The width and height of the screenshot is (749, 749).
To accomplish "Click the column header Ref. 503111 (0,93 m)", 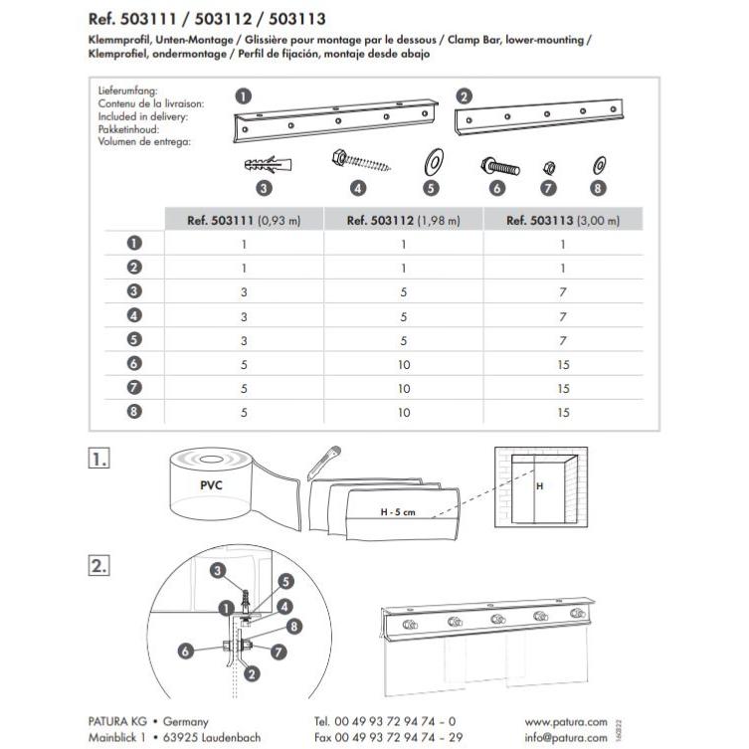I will pyautogui.click(x=244, y=221).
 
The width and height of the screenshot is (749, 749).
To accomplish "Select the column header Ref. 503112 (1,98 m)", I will pyautogui.click(x=403, y=221).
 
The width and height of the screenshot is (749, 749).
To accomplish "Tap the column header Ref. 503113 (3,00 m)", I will pyautogui.click(x=562, y=221).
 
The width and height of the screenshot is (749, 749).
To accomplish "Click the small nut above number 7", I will pyautogui.click(x=548, y=166).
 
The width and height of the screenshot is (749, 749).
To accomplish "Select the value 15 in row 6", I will pyautogui.click(x=563, y=364).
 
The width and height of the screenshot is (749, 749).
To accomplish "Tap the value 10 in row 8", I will pyautogui.click(x=403, y=412).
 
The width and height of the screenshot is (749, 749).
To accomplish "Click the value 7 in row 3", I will pyautogui.click(x=563, y=292).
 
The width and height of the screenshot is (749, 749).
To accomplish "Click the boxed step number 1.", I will pyautogui.click(x=98, y=460).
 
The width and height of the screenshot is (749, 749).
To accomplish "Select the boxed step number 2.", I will pyautogui.click(x=98, y=565).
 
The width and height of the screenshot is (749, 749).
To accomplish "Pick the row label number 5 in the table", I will pyautogui.click(x=135, y=340).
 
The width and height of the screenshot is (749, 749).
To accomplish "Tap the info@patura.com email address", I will pyautogui.click(x=566, y=737).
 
